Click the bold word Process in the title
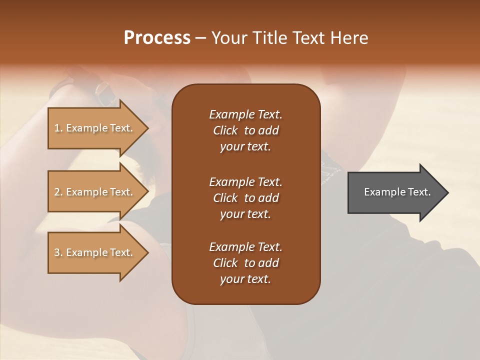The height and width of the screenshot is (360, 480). coord(157,38)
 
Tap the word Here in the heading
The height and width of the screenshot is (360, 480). coord(348,38)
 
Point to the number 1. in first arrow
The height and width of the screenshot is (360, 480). coord(58,128)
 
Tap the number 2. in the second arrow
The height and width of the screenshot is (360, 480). coord(58,192)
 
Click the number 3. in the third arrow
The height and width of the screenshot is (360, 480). coord(58,252)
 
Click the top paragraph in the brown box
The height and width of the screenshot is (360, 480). coord(245,130)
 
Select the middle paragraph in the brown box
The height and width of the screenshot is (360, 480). coord(245,198)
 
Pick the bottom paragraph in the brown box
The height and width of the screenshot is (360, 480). coord(245,263)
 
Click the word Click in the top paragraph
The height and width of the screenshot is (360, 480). coord(225,130)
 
